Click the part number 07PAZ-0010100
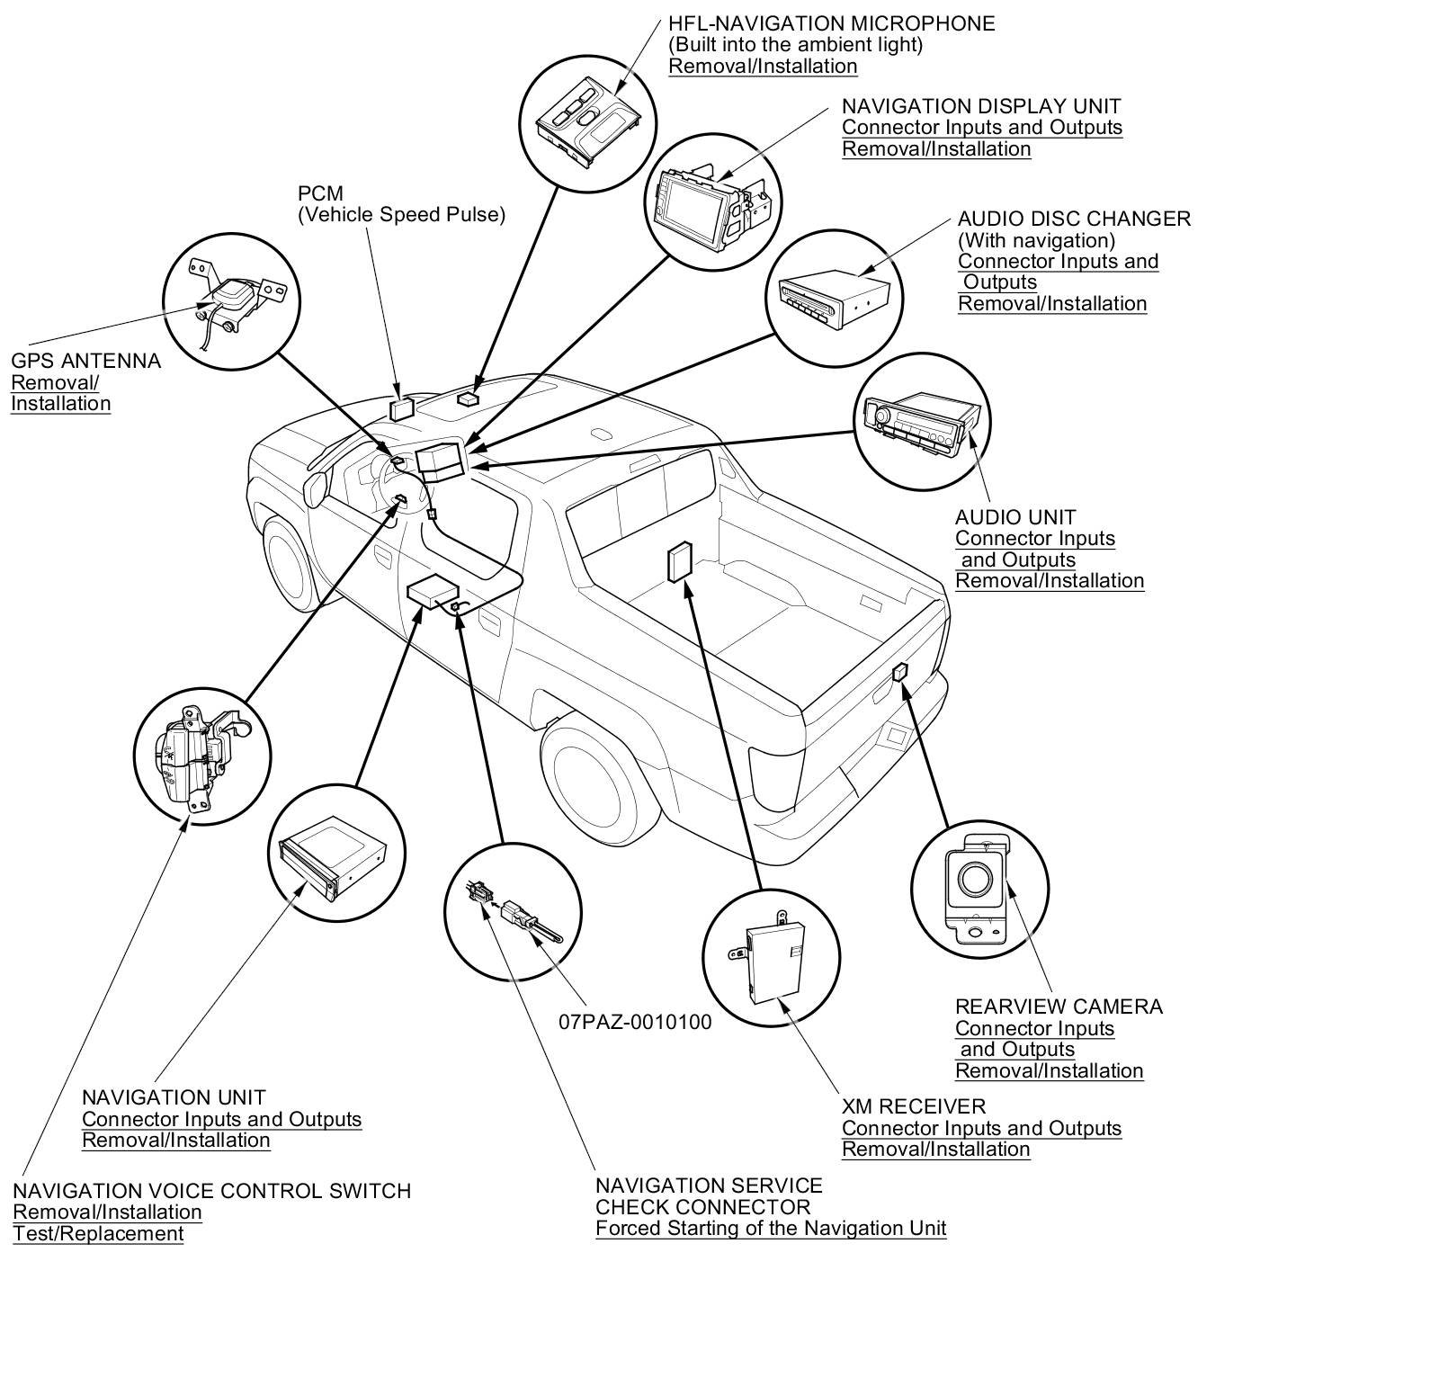[x=634, y=1022]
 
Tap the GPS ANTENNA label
[x=85, y=361]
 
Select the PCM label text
[x=320, y=193]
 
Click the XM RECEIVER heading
[x=914, y=1106]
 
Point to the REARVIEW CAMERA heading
[x=1059, y=1007]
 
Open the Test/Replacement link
[x=98, y=1234]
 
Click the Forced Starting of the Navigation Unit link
[x=771, y=1229]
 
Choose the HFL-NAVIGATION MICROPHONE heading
[x=831, y=23]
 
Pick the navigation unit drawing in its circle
[x=334, y=854]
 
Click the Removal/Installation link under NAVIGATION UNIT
[x=175, y=1141]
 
